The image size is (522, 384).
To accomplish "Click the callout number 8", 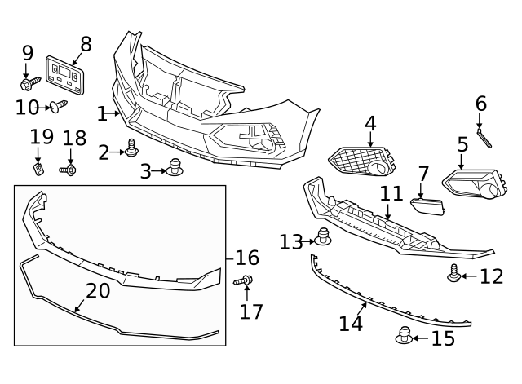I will pos(85,43).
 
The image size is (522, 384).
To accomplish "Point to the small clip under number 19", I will pos(38,168).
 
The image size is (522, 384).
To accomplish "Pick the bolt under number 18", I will pos(69,170).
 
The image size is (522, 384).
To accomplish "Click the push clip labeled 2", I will pos(131,148).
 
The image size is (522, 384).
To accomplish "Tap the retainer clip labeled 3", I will pos(173,168).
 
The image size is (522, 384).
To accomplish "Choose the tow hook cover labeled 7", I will pos(427,207).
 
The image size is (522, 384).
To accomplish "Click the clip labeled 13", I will pos(324,239).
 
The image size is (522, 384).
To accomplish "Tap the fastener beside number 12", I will pos(454,275).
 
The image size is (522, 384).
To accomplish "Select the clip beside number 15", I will pos(403,336).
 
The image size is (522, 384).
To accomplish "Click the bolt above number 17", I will pos(245,281).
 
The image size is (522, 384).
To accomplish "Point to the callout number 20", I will pos(97,291).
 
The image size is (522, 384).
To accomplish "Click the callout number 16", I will pos(246,258).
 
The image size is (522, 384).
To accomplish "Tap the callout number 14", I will pos(350,324).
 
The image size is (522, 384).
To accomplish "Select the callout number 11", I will pos(391,194).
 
